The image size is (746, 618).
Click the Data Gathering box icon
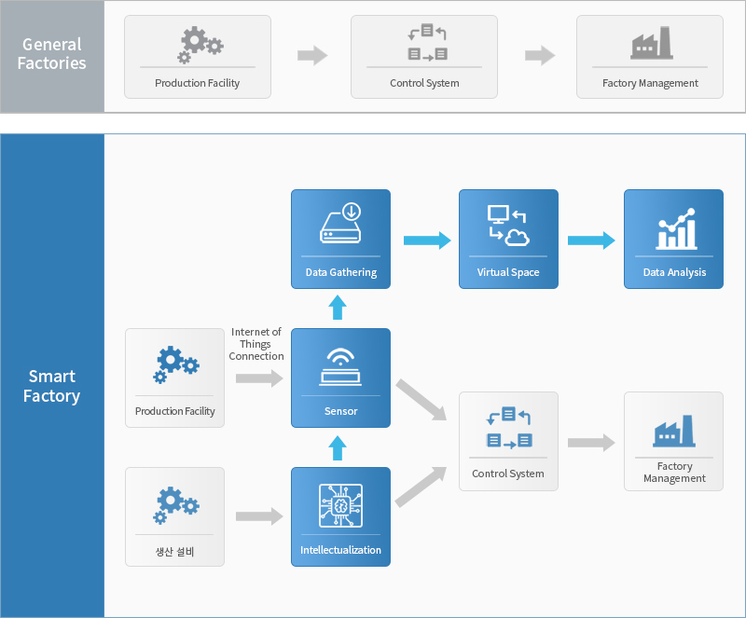(340, 223)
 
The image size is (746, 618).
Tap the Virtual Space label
(508, 272)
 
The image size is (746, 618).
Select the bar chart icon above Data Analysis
(676, 228)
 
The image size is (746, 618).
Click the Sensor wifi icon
(340, 366)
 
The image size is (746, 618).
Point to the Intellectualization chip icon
(340, 506)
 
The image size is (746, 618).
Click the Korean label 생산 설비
(174, 552)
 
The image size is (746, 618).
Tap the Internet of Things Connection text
(256, 344)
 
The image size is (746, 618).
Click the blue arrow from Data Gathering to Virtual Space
(427, 240)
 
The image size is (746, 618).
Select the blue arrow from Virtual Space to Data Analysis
(591, 240)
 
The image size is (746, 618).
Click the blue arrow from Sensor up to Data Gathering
(338, 308)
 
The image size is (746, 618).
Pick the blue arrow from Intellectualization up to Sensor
(338, 448)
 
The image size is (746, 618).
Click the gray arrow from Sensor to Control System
(421, 400)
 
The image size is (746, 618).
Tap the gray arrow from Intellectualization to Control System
(421, 487)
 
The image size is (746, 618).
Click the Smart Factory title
(52, 386)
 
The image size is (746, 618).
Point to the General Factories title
(52, 54)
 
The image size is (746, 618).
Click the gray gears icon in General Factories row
(200, 45)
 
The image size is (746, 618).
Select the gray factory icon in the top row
(651, 43)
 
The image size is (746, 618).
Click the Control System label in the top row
(424, 83)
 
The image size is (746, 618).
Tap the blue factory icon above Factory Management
(673, 431)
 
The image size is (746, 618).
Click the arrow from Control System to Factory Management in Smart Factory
(591, 443)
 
